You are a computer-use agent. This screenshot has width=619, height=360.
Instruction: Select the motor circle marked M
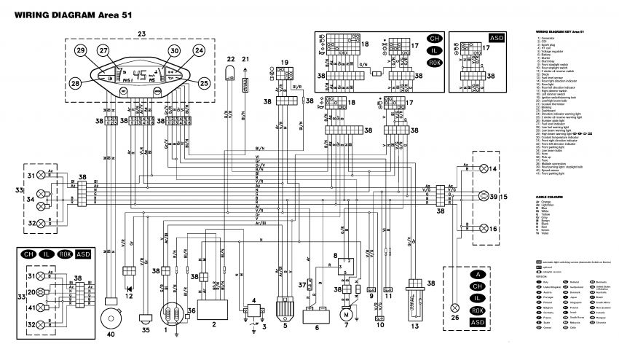tap(347, 314)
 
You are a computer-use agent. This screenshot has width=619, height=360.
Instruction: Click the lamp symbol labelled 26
tap(456, 308)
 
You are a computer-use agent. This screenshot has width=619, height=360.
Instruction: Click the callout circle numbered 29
tap(80, 50)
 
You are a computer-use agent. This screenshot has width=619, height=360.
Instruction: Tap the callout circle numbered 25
tap(203, 82)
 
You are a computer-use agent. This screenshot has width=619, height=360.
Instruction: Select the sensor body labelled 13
tap(416, 304)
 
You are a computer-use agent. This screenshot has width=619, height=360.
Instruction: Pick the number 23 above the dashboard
tap(141, 34)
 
